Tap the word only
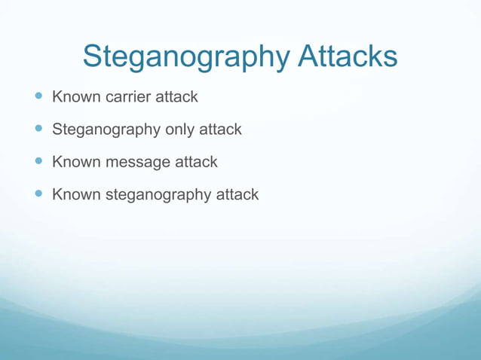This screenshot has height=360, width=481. pos(181,130)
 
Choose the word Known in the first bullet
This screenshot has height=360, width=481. pos(74,97)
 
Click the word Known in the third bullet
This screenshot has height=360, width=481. pos(74,162)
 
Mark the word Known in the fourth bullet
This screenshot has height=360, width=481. pos(74,194)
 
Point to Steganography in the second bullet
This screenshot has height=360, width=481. pos(106,130)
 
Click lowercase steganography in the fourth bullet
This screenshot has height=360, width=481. pos(158,195)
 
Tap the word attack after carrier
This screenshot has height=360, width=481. pos(176,97)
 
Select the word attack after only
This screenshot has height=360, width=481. pos(220,130)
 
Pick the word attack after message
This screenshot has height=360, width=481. pos(196,162)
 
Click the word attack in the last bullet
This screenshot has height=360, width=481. pos(237,194)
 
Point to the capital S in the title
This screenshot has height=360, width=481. pos(93,56)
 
